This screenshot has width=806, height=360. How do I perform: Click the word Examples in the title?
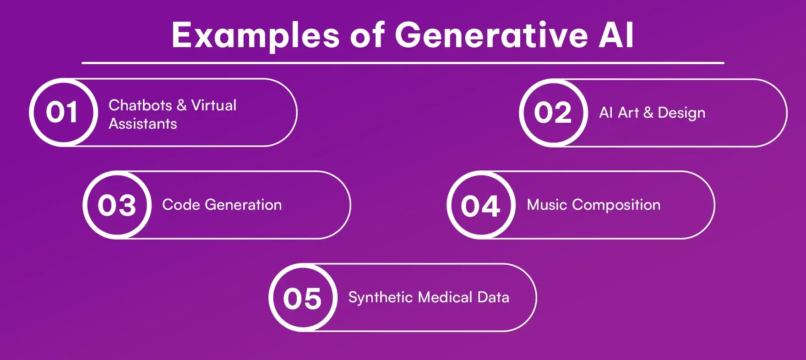click(255, 35)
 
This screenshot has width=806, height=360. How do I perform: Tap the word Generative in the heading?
click(491, 35)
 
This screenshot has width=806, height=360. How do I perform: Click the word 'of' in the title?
click(367, 35)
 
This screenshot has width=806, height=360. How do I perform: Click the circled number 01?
click(63, 113)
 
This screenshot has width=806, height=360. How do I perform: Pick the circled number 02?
click(553, 113)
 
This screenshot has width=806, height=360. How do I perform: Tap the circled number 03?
click(117, 205)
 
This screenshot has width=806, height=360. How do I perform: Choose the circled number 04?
click(480, 206)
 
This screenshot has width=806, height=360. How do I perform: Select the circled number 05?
click(303, 298)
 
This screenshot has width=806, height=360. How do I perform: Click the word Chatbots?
click(140, 105)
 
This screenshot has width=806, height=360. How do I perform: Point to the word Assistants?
click(143, 124)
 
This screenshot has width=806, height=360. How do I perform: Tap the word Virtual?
click(214, 105)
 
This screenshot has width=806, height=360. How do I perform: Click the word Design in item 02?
click(681, 113)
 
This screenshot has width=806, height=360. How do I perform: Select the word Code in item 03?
click(181, 205)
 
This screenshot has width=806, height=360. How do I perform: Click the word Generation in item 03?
click(243, 205)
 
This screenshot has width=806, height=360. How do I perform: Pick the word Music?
click(547, 205)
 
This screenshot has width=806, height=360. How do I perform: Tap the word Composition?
click(616, 205)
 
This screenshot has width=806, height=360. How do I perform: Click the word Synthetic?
click(381, 298)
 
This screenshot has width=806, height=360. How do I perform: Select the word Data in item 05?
click(493, 297)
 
